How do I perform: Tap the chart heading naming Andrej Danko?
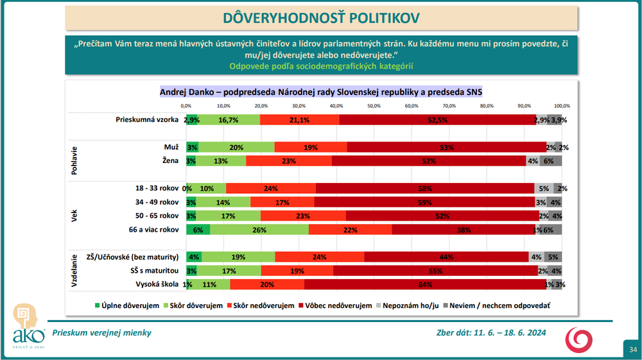click(x=321, y=91)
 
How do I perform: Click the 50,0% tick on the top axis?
click(x=374, y=105)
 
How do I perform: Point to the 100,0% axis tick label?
click(x=562, y=105)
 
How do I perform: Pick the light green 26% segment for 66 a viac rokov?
click(x=259, y=229)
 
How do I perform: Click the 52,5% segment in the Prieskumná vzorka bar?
click(x=437, y=119)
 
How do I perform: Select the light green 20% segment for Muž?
click(x=236, y=147)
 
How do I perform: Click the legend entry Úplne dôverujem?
click(x=127, y=306)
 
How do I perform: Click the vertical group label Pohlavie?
click(x=75, y=154)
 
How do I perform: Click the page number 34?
click(x=632, y=349)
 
